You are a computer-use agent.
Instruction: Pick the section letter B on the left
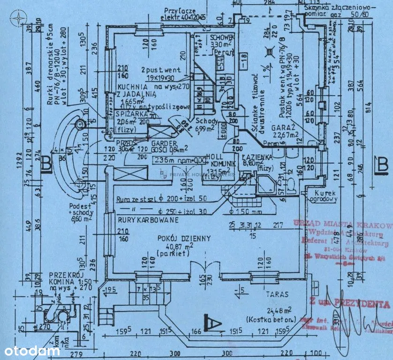(x=45, y=164)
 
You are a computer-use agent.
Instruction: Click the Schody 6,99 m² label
(x=203, y=124)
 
